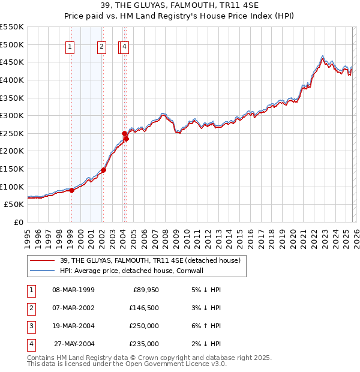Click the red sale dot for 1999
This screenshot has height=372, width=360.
pos(71,190)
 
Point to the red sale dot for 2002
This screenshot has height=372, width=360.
pos(103,170)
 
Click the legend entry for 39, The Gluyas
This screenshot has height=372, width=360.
pos(150,260)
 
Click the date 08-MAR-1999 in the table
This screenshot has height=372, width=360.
pos(73,290)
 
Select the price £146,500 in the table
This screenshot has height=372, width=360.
pos(143,308)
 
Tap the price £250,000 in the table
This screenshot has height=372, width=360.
pos(143,326)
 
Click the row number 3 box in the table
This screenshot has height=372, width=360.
pos(31,326)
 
